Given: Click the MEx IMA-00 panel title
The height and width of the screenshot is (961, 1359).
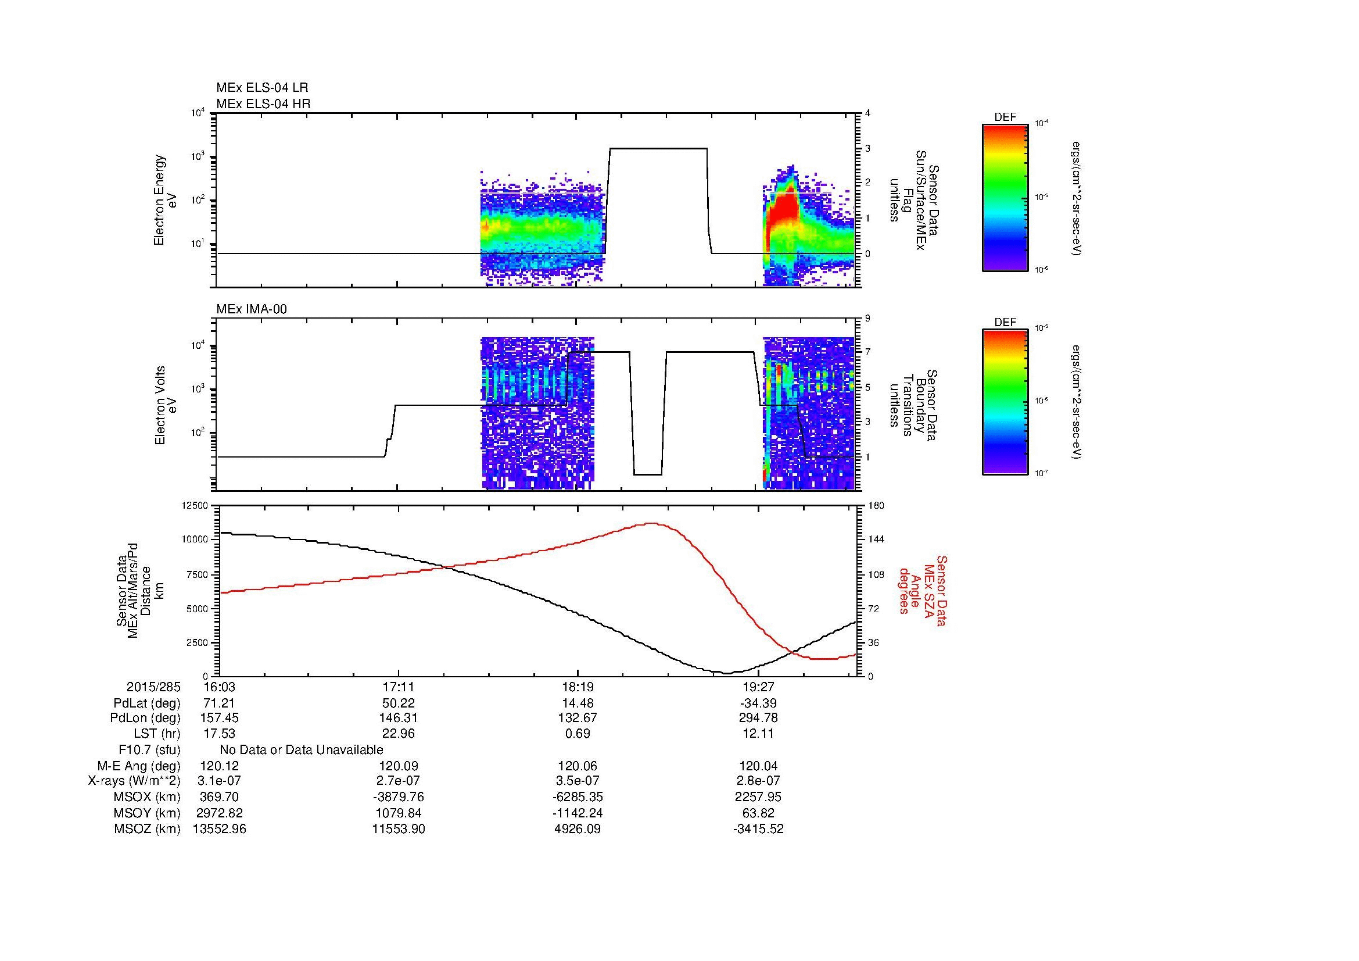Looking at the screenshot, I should click(252, 309).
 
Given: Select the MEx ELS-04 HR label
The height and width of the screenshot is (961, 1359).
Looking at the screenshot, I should click(263, 103).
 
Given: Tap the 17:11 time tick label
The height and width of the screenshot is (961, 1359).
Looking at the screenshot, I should click(399, 687).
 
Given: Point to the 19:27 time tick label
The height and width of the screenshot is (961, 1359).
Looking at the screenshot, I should click(758, 687).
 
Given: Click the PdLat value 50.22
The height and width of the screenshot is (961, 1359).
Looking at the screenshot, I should click(399, 703).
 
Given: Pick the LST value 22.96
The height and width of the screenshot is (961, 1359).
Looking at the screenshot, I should click(399, 733).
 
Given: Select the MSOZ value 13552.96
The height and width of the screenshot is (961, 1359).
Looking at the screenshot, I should click(219, 829).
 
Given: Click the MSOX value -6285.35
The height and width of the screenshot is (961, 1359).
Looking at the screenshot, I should click(576, 797).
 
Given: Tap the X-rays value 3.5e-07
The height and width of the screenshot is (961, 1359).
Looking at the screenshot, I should click(578, 781).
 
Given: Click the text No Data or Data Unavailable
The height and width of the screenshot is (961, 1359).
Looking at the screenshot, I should click(302, 749).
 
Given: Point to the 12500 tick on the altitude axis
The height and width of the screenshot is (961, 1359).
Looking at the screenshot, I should click(195, 505).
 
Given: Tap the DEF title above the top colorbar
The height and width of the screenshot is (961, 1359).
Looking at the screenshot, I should click(1005, 117).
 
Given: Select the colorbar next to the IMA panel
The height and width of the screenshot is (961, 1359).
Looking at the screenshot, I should click(1005, 402).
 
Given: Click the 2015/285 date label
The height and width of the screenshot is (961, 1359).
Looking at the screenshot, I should click(153, 687).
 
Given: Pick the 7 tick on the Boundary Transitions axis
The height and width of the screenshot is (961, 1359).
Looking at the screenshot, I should click(867, 352).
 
